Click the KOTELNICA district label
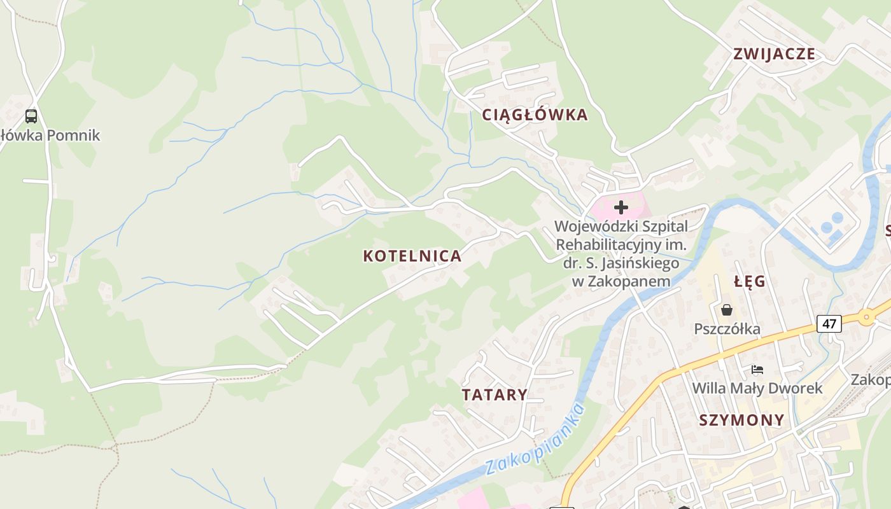(412, 256)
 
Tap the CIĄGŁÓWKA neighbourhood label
(535, 115)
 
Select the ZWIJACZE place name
(774, 53)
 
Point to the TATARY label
(495, 394)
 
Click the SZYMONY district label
(741, 420)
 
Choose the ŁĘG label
(749, 281)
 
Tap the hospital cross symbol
(621, 207)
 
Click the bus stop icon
(31, 116)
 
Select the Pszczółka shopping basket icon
(727, 310)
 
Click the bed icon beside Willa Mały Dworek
(757, 369)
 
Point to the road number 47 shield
(829, 323)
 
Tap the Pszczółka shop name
(727, 329)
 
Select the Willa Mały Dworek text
(757, 388)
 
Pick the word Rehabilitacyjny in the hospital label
(611, 245)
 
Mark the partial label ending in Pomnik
(50, 135)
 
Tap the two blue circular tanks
(831, 222)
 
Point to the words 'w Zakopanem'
(621, 281)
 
